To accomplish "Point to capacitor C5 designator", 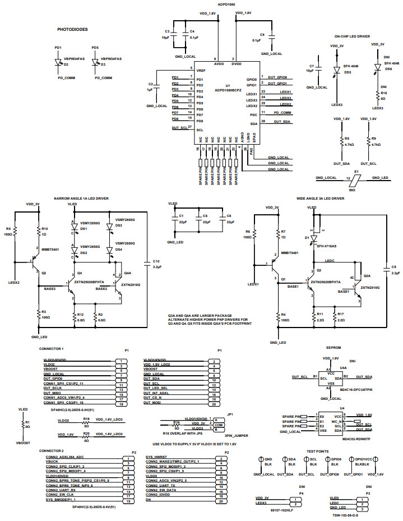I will [x=262, y=34].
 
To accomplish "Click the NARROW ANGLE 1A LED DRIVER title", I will [x=81, y=198].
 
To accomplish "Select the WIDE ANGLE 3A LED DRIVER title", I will [x=320, y=198].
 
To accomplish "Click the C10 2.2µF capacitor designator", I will [x=156, y=261].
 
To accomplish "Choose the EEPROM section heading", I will [x=334, y=347].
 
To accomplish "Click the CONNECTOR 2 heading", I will [x=51, y=450].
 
